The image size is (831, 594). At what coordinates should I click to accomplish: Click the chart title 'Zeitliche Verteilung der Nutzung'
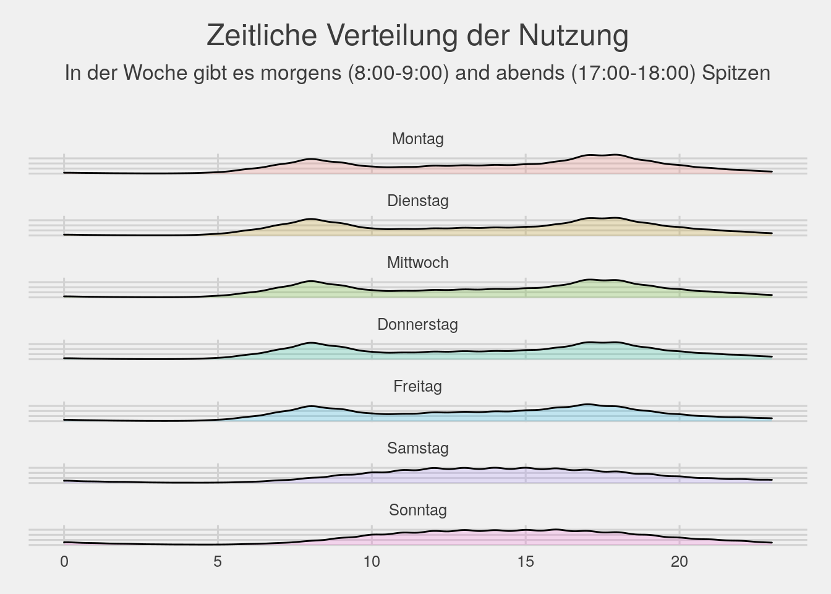(417, 35)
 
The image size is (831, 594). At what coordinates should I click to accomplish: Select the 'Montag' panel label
(417, 139)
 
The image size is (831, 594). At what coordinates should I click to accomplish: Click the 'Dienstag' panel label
(417, 200)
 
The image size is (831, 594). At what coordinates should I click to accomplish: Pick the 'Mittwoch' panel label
(417, 262)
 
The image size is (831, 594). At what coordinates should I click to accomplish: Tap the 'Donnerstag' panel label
(417, 324)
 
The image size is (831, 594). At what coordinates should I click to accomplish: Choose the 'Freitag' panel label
(417, 386)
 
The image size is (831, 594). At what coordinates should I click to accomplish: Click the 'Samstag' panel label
(417, 448)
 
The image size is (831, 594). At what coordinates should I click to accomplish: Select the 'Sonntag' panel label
(417, 510)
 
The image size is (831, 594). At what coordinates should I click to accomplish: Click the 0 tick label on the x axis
(64, 562)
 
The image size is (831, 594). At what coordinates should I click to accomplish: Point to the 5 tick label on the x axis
(218, 562)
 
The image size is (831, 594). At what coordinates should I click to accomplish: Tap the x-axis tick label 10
(372, 562)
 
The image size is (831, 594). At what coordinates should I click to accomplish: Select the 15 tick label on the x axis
(526, 562)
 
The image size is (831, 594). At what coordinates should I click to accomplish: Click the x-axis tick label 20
(679, 562)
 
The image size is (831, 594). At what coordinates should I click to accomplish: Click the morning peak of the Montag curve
(310, 159)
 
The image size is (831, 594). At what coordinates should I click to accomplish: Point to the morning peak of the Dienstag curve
(310, 219)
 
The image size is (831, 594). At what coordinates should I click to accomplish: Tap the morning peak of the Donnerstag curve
(310, 343)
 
